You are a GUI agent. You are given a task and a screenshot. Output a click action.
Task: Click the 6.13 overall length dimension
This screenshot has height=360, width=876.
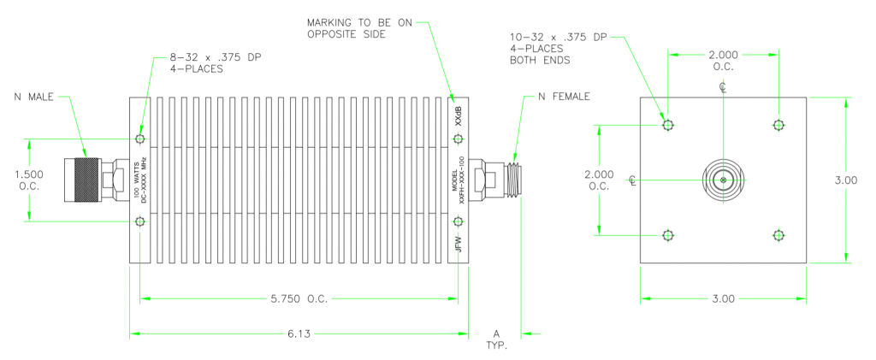tap(299, 333)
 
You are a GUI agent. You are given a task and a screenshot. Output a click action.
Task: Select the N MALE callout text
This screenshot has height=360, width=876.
tap(33, 97)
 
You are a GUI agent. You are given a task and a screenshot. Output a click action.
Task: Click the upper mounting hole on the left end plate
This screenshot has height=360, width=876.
tap(140, 139)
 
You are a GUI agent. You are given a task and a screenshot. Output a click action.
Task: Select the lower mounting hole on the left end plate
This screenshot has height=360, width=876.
tap(140, 222)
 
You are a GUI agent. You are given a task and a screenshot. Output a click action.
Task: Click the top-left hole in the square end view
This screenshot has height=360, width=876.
tap(668, 126)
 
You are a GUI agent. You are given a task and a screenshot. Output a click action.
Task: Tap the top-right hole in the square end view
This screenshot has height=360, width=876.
tap(778, 126)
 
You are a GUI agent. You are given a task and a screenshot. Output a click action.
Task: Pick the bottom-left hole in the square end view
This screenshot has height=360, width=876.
tap(668, 235)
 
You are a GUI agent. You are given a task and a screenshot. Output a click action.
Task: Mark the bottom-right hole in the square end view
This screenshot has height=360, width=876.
tap(778, 235)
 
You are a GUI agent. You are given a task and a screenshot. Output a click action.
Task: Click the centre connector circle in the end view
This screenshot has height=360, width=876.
tap(723, 180)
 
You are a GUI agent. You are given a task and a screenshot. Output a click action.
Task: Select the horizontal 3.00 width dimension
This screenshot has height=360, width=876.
tap(723, 298)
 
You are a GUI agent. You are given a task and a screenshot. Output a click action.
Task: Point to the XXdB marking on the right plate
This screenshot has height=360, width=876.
tap(459, 115)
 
